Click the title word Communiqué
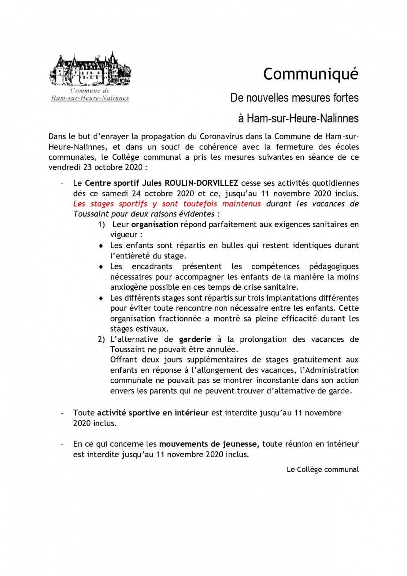[x=310, y=74]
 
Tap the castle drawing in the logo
[x=90, y=69]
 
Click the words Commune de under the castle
[x=90, y=91]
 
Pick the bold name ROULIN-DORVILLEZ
[x=201, y=183]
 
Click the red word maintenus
[x=241, y=204]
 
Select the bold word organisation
[x=155, y=224]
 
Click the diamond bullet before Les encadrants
[x=101, y=267]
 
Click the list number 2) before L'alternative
[x=101, y=339]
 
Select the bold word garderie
[x=195, y=339]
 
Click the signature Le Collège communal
[x=322, y=469]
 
